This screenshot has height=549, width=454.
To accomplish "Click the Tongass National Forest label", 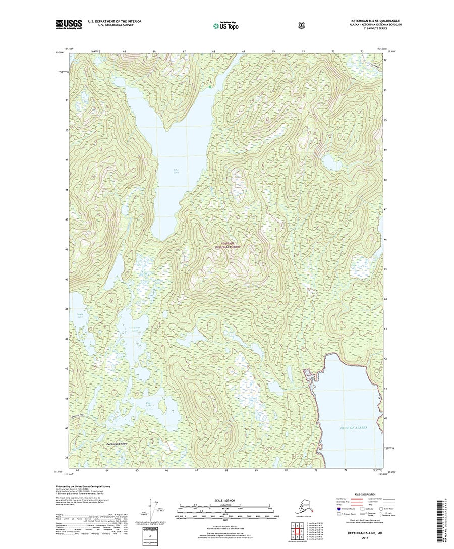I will click(226, 245).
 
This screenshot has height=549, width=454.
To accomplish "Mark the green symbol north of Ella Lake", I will click(210, 86).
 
